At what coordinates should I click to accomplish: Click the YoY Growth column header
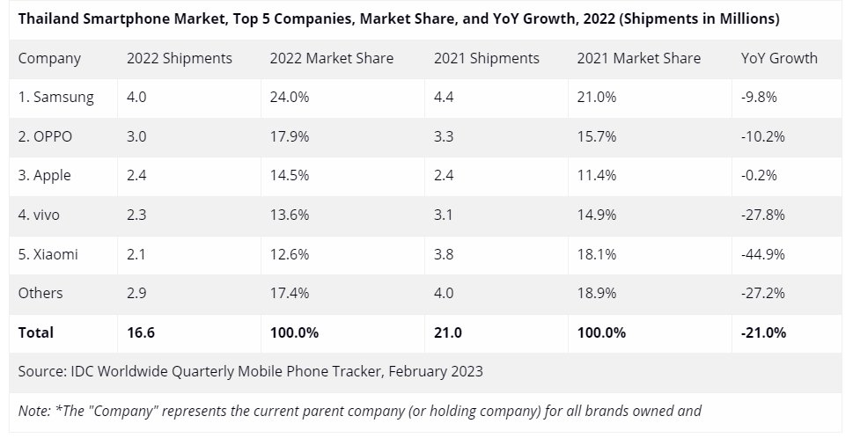779,59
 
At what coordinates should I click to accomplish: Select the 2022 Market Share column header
332,59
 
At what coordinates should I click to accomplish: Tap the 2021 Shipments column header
486,59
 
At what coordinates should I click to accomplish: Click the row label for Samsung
55,98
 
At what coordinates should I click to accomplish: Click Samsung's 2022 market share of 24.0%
290,98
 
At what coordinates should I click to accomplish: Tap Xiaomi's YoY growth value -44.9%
763,254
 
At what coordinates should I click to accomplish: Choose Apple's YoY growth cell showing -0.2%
760,176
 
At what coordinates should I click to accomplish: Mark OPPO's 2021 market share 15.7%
597,136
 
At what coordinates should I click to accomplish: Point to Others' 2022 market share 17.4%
290,293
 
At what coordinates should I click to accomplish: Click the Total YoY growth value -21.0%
764,332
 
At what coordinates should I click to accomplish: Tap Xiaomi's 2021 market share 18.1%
597,254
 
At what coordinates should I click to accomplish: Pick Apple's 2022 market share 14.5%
290,176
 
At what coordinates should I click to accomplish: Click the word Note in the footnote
34,410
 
